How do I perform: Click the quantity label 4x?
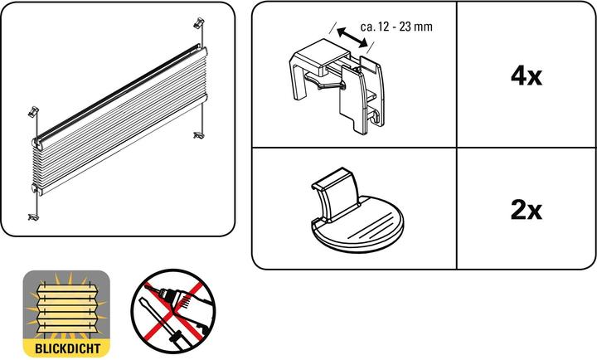pyautogui.click(x=526, y=76)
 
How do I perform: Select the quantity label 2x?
pyautogui.click(x=526, y=210)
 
